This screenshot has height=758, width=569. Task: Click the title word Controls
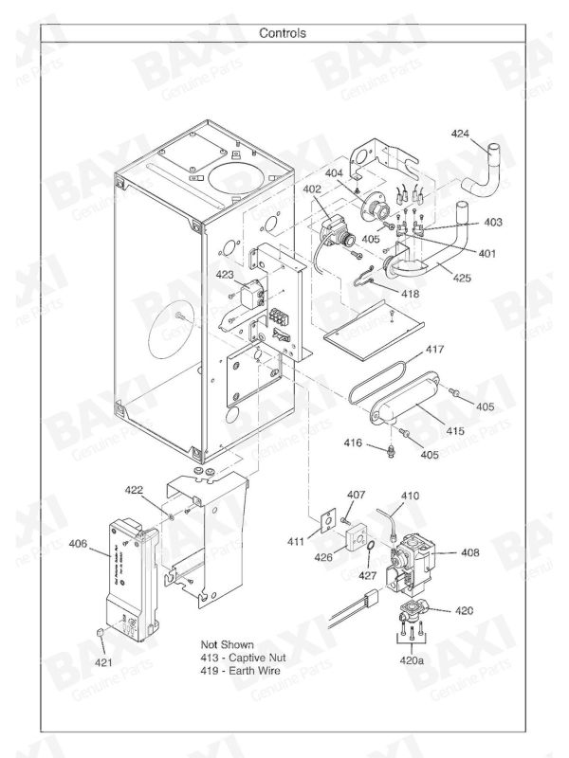coord(283,33)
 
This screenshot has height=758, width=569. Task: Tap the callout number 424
coord(461,134)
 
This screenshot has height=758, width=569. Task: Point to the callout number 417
coord(433,351)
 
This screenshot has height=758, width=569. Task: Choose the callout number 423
coord(224,276)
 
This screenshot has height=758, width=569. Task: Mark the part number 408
coord(471,552)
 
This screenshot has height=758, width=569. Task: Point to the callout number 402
coord(313,189)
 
